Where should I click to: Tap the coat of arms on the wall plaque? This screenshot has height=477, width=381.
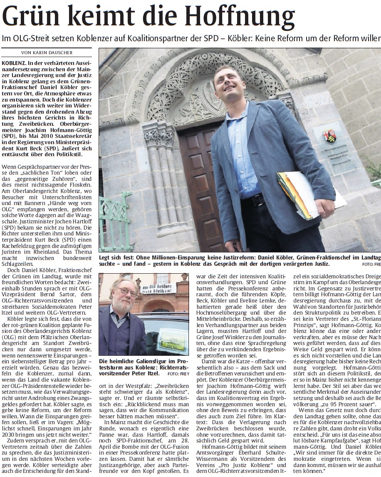click(x=329, y=136)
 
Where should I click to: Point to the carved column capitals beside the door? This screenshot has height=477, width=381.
click(x=158, y=137)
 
